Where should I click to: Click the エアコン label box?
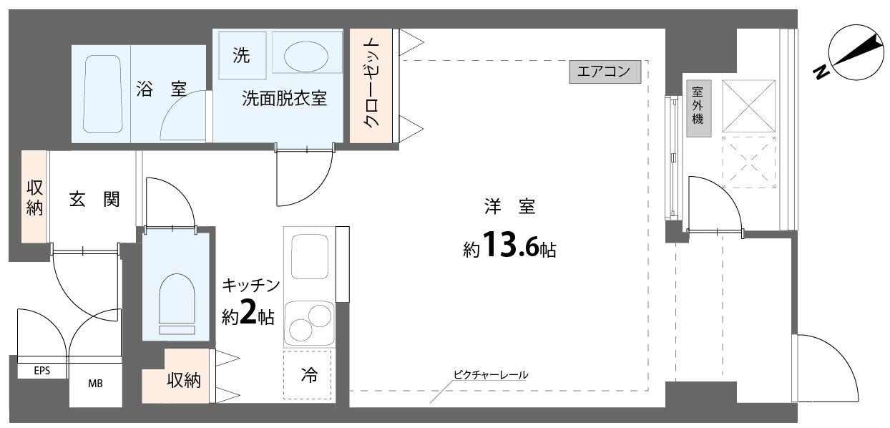pos(605,72)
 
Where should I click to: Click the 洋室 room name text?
pos(510,208)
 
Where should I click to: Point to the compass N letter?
pos(821,71)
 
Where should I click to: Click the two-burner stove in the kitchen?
pos(309,323)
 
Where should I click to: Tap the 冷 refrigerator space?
pos(308,375)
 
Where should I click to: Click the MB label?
pos(95,384)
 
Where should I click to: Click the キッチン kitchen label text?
pos(250,286)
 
